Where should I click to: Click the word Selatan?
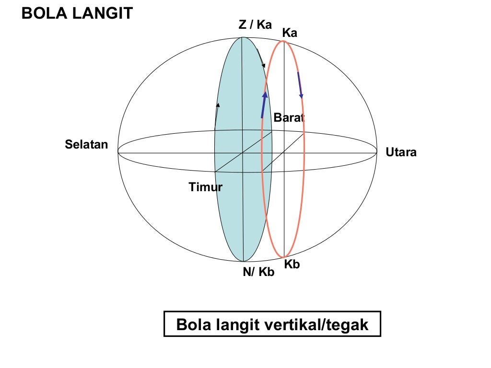tap(87, 144)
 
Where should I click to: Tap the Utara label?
tap(401, 153)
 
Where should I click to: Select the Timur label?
tap(205, 187)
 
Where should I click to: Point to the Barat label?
tap(289, 118)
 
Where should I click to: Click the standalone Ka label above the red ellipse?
tap(290, 33)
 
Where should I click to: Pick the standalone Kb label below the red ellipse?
tap(292, 264)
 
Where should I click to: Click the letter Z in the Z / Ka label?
tap(243, 25)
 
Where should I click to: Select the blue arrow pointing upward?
tap(264, 104)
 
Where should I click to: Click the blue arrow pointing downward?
tap(300, 85)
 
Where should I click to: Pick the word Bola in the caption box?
tap(192, 324)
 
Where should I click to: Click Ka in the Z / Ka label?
tap(264, 25)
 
